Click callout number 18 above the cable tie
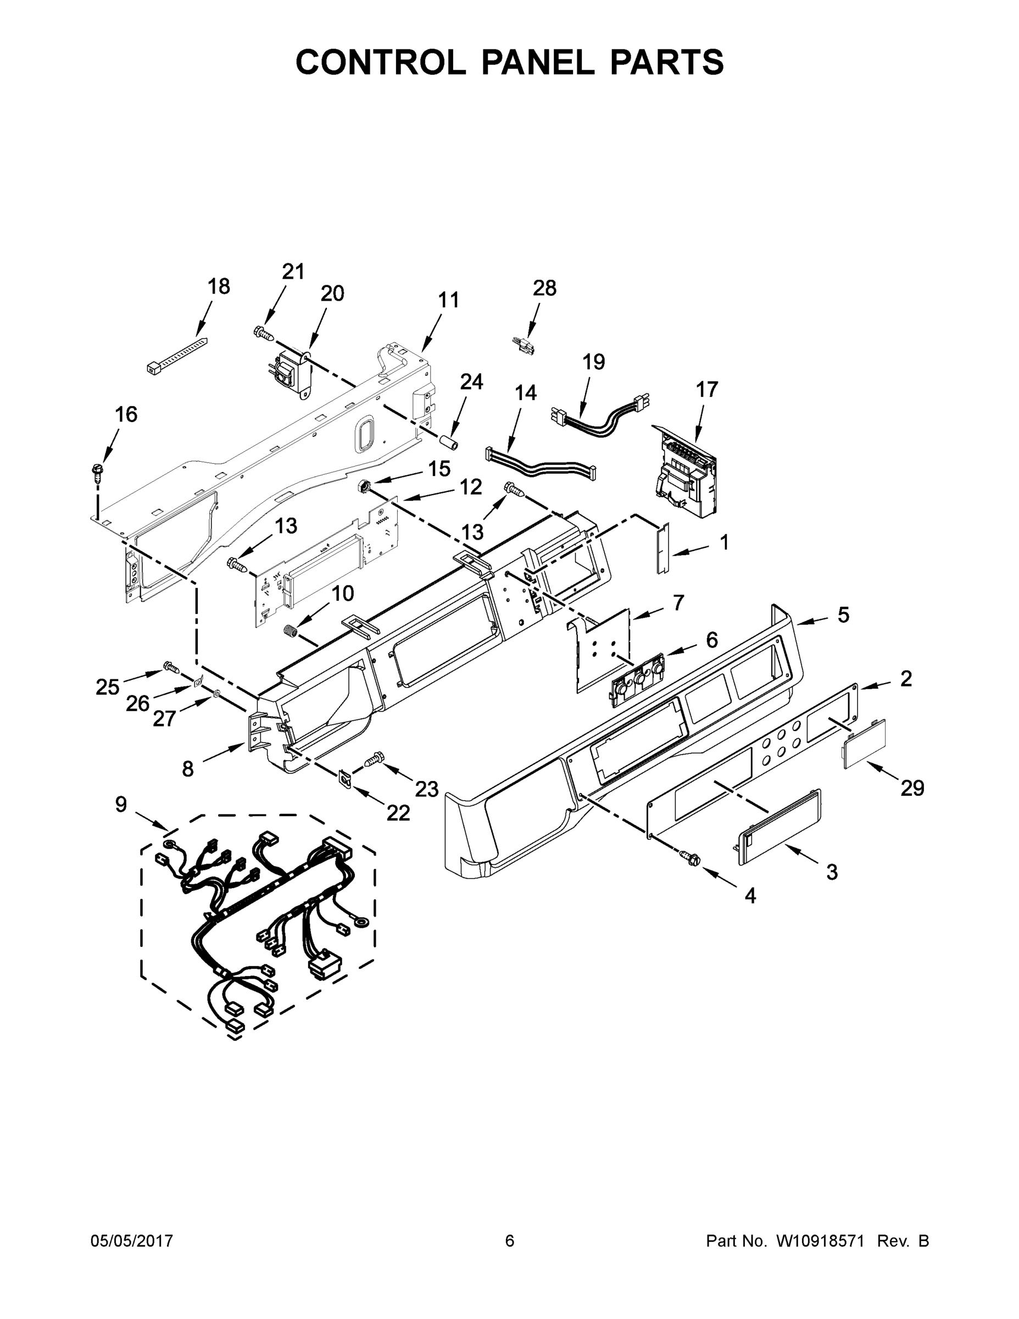pos(219,286)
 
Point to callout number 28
pos(544,288)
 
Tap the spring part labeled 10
pos(292,630)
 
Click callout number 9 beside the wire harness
pos(121,804)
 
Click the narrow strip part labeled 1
pos(662,548)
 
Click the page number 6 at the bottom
pos(510,1240)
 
